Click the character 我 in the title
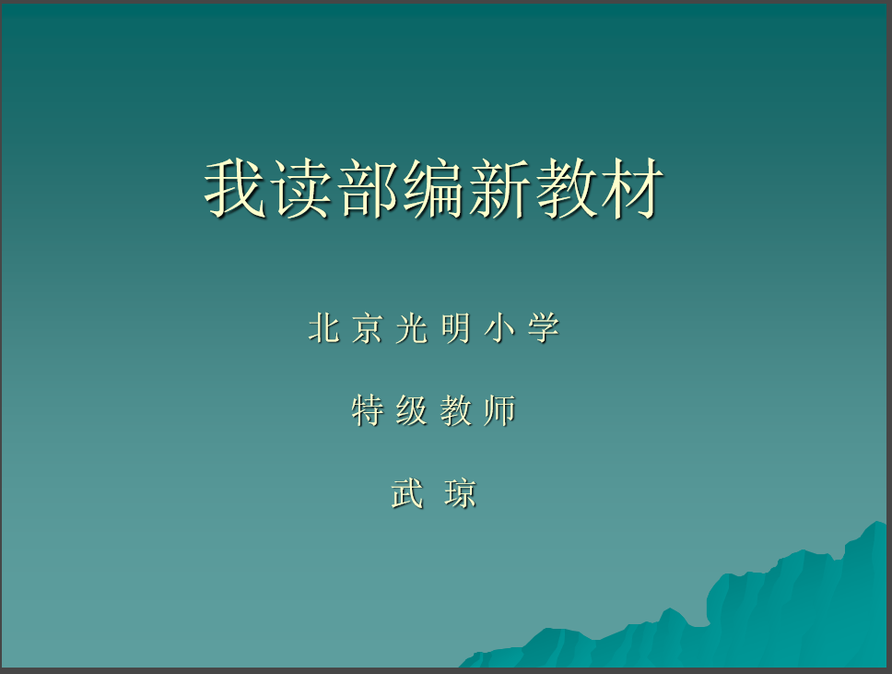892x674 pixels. coord(235,188)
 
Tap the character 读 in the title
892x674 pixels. coord(302,188)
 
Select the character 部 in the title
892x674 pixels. coord(368,188)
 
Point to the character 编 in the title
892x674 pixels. coord(434,188)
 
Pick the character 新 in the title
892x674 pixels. coord(500,188)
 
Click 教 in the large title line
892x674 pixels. coord(567,188)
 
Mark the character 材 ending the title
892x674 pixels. coord(632,188)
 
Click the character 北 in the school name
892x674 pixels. coord(324,328)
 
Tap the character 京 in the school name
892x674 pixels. coord(367,328)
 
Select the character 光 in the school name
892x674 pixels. coord(412,328)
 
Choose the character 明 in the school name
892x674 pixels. coord(455,328)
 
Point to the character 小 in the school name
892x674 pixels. coord(499,328)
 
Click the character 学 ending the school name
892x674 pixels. coord(544,328)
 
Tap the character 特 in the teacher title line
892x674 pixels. coord(368,410)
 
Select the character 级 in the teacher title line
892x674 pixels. coord(411,410)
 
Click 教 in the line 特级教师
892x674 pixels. coord(455,410)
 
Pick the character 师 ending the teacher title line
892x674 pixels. coord(499,410)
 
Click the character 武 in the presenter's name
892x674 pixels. coord(407,493)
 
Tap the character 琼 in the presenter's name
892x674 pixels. coord(460,493)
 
